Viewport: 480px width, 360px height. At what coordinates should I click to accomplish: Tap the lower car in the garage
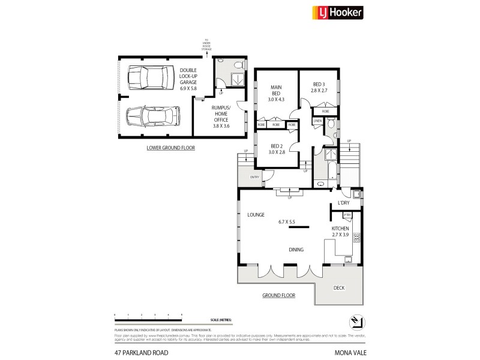point(153,115)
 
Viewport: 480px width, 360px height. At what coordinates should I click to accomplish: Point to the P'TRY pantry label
point(347,215)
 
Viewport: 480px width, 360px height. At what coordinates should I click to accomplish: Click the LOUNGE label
point(256,214)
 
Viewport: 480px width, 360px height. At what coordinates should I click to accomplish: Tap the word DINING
point(295,250)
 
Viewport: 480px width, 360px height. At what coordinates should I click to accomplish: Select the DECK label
point(340,288)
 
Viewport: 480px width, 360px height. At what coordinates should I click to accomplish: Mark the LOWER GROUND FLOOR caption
point(171,148)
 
